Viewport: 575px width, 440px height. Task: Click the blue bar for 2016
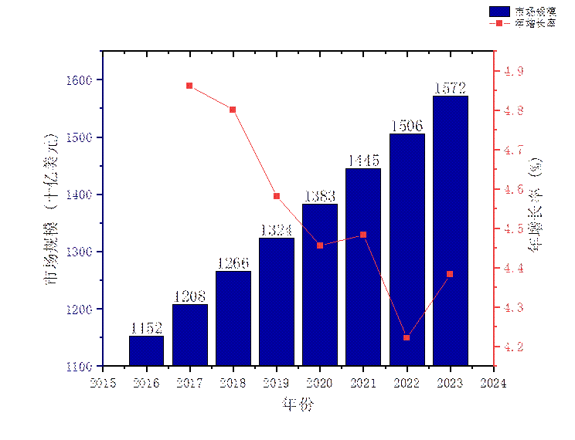[146, 350]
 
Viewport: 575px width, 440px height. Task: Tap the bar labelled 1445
[363, 267]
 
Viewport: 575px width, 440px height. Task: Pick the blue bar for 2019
[277, 301]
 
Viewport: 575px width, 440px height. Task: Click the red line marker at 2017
[189, 86]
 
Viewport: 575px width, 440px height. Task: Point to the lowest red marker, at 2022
[407, 337]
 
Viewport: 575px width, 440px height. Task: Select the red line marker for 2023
[450, 274]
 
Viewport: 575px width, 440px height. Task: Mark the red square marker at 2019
[277, 196]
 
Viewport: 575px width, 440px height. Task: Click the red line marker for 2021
[363, 235]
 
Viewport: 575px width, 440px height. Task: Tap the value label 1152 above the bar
[146, 328]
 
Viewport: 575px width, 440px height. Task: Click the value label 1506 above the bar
[407, 126]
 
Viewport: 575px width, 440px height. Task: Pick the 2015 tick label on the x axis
[104, 382]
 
